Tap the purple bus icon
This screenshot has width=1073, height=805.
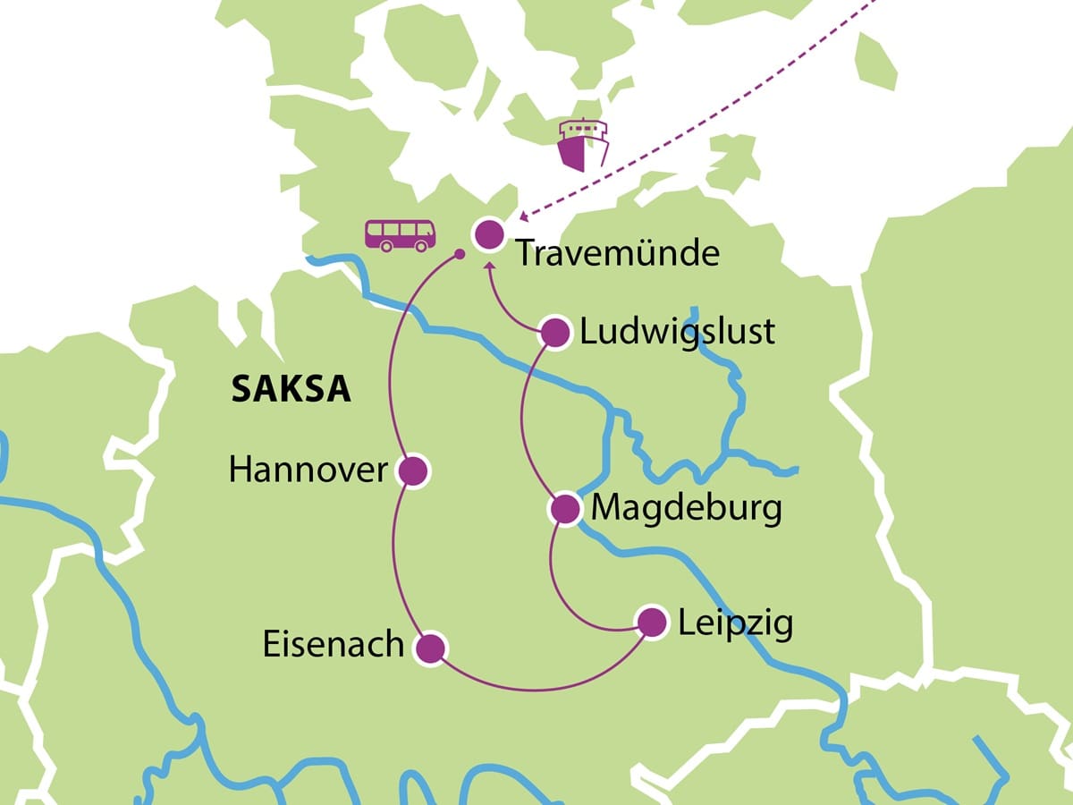pos(400,235)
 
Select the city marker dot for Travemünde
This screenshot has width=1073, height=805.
pos(488,235)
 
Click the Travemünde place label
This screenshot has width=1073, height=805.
pos(617,254)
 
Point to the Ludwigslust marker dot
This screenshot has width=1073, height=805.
pos(555,334)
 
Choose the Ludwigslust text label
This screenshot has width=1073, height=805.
pos(677,333)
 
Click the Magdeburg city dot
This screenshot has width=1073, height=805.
pos(565,509)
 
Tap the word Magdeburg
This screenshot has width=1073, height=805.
pos(687,509)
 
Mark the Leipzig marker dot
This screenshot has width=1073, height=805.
pos(651,623)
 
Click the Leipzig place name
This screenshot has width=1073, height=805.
pos(735,623)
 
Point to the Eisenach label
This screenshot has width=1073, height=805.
pos(334,646)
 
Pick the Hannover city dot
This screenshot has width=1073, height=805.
pos(412,470)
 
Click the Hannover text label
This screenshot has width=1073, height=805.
pos(308,470)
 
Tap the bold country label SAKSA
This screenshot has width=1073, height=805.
pos(291,389)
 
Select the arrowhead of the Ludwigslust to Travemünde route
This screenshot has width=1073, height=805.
pos(488,267)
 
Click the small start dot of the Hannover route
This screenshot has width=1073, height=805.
pos(459,255)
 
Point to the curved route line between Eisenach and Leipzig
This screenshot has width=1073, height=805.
pos(536,690)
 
